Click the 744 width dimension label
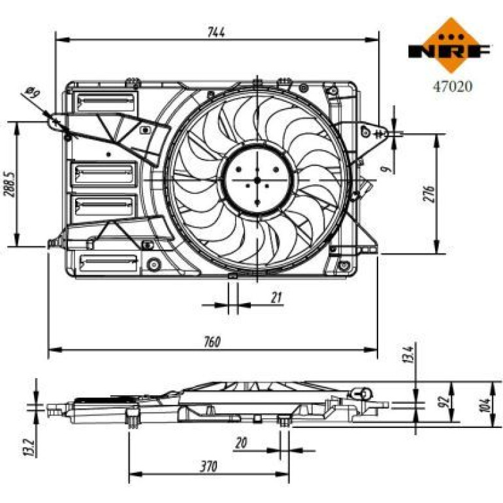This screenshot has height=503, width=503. [216, 32]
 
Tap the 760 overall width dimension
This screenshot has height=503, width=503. [212, 342]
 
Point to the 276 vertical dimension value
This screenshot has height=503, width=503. [429, 194]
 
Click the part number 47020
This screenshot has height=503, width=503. [453, 86]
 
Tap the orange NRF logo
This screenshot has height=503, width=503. [449, 45]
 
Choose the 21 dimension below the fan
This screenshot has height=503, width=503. [276, 298]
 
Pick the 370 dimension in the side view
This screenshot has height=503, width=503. [208, 466]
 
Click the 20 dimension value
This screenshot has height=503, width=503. [241, 443]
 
